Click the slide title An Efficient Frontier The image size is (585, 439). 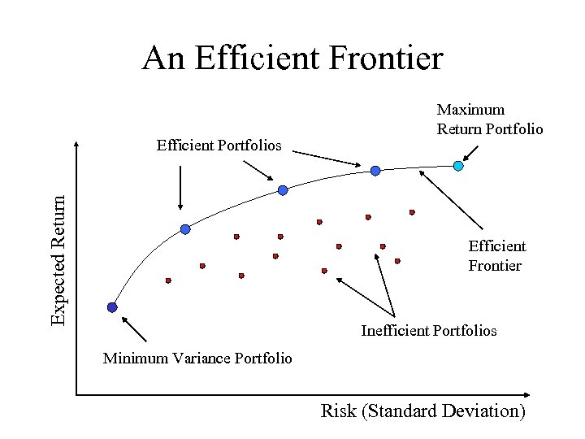tap(292, 59)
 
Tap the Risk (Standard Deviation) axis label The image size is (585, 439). tap(422, 411)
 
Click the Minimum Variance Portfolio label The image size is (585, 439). tap(197, 358)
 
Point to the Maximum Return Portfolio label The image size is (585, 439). tap(490, 119)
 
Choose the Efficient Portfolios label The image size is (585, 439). tap(219, 146)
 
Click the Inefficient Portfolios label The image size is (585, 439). tap(428, 330)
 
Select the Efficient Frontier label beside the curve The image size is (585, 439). tap(496, 255)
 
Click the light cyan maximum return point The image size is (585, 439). tap(458, 166)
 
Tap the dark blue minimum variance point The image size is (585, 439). tap(112, 307)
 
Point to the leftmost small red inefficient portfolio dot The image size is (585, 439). tap(168, 280)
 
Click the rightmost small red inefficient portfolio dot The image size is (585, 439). tap(412, 211)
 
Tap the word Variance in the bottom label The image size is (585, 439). tap(202, 358)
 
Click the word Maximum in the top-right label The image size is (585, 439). tap(470, 109)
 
